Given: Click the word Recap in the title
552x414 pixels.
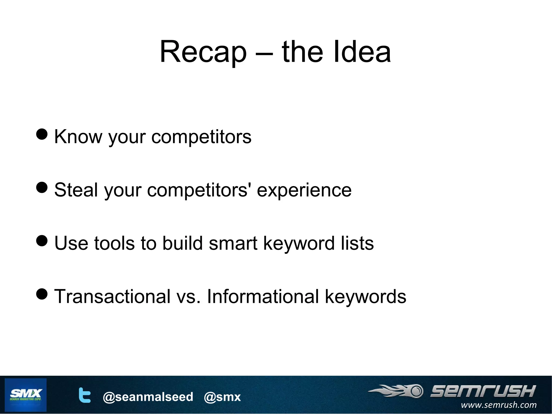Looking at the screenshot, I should click(203, 52).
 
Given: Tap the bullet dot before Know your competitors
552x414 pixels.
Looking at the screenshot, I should click(42, 134).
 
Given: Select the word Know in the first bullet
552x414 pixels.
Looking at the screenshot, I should click(78, 136).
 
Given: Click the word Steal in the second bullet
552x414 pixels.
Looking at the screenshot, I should click(76, 190).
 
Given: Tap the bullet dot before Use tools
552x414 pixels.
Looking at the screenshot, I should click(42, 241).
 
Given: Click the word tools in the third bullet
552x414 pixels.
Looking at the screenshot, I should click(114, 243).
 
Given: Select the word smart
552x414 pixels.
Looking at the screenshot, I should click(233, 243).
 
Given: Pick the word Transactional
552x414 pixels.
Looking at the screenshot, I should click(112, 296).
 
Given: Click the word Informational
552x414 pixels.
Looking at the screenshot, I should click(263, 296).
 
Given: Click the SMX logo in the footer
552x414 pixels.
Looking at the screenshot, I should click(26, 395).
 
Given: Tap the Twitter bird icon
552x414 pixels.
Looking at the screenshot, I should click(84, 395).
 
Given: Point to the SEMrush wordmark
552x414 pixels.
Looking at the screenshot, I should click(483, 391).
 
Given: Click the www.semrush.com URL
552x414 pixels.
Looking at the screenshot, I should click(498, 405).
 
